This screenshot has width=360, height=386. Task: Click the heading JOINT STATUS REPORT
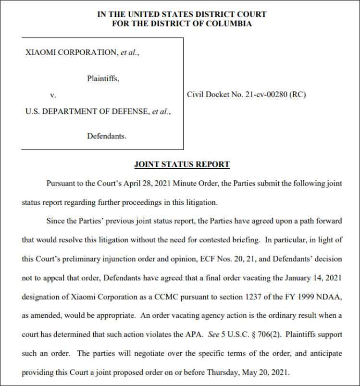tap(182, 164)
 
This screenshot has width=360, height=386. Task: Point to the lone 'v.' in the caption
tap(53, 95)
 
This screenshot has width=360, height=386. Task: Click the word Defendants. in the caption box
tap(106, 136)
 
